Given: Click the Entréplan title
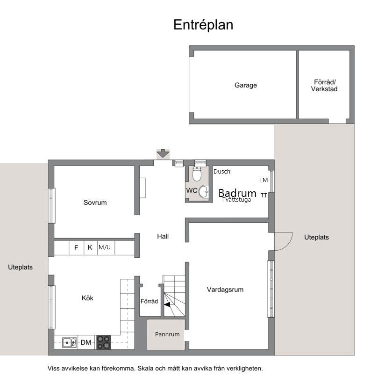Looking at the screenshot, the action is point(203,25).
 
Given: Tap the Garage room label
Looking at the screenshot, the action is point(246,85).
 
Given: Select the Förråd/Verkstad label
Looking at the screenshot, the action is point(324,86).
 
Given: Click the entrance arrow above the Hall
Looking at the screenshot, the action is point(163,153).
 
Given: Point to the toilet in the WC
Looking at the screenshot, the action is point(197,174).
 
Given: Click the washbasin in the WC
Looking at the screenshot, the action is point(204,192).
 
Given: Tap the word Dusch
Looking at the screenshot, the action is point(222,172).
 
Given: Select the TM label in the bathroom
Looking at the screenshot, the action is point(264,180).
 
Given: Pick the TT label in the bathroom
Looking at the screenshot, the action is point(264,195).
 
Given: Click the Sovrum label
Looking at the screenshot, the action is point(95,203).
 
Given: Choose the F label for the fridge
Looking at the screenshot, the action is point(76,248).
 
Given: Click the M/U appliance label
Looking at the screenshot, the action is point(105,247).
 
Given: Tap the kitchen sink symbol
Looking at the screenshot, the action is point(69,342).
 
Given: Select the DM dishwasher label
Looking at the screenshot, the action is point(86,342).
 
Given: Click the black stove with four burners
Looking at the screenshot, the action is point(104,342).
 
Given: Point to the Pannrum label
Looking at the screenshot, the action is point(167,334).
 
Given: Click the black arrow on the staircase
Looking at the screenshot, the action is point(167,305).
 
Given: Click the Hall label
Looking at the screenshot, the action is point(163,236).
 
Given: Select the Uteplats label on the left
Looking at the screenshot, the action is point(20,267).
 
